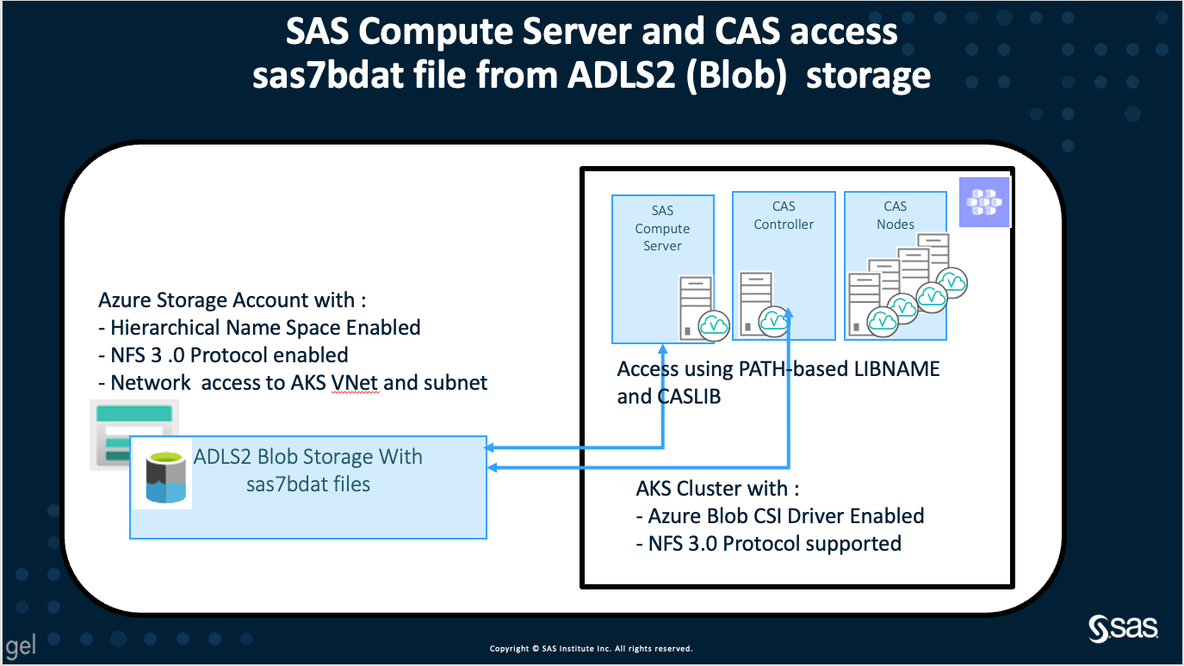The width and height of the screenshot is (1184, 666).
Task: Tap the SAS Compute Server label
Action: click(662, 228)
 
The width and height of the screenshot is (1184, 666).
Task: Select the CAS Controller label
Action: click(784, 215)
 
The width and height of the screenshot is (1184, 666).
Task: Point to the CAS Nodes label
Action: click(896, 215)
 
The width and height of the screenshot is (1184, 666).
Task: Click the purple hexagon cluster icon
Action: click(983, 203)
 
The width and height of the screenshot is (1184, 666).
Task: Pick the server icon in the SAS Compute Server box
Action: click(695, 305)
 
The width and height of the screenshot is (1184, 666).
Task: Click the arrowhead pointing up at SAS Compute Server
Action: click(662, 350)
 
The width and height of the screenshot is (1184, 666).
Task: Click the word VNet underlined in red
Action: click(354, 383)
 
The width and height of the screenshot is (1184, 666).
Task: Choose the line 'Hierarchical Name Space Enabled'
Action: click(259, 328)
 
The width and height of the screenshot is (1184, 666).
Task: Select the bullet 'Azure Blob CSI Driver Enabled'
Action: click(780, 516)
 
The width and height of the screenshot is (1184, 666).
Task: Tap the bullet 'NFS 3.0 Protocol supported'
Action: click(768, 544)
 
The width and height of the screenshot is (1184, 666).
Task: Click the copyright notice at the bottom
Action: click(591, 649)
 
